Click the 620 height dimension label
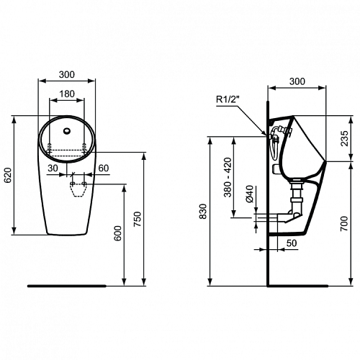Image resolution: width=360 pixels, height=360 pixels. (8, 175)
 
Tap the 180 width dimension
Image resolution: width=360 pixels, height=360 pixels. (67, 94)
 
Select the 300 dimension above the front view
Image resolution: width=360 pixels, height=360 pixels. (67, 75)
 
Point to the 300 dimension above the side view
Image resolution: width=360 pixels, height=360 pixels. (297, 81)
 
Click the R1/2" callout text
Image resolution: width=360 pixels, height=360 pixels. (228, 99)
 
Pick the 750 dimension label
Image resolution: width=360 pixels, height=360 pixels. (138, 219)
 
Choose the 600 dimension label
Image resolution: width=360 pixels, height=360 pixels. (117, 233)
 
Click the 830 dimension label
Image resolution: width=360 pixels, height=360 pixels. (203, 211)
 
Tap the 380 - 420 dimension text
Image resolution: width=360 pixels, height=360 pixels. (228, 177)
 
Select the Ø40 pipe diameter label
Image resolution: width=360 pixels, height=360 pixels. (250, 194)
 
